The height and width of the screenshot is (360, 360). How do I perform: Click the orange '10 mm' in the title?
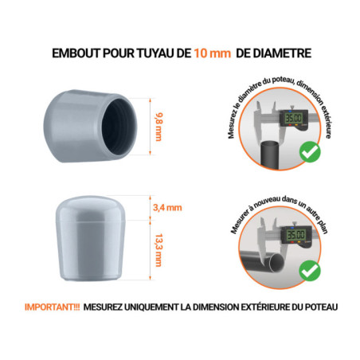213,53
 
